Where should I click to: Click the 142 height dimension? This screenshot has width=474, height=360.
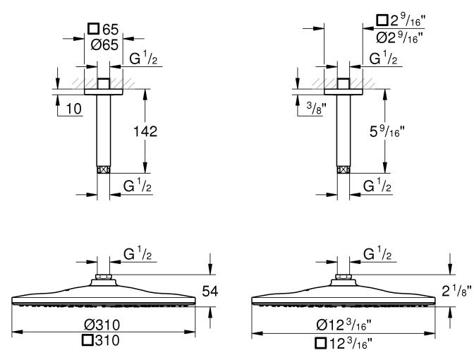coord(145,131)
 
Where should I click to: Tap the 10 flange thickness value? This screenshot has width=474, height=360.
coord(74,109)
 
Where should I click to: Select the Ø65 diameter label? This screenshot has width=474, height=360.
coord(104,45)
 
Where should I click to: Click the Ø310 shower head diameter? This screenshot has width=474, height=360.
coord(102,325)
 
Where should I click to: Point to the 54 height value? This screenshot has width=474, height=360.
coord(210,292)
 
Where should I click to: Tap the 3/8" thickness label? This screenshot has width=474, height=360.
coord(317,108)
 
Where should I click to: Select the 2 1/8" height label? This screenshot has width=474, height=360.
coord(456,291)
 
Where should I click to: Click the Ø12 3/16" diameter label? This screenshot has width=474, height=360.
coord(344,325)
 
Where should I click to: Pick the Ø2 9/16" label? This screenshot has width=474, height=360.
coord(399,38)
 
